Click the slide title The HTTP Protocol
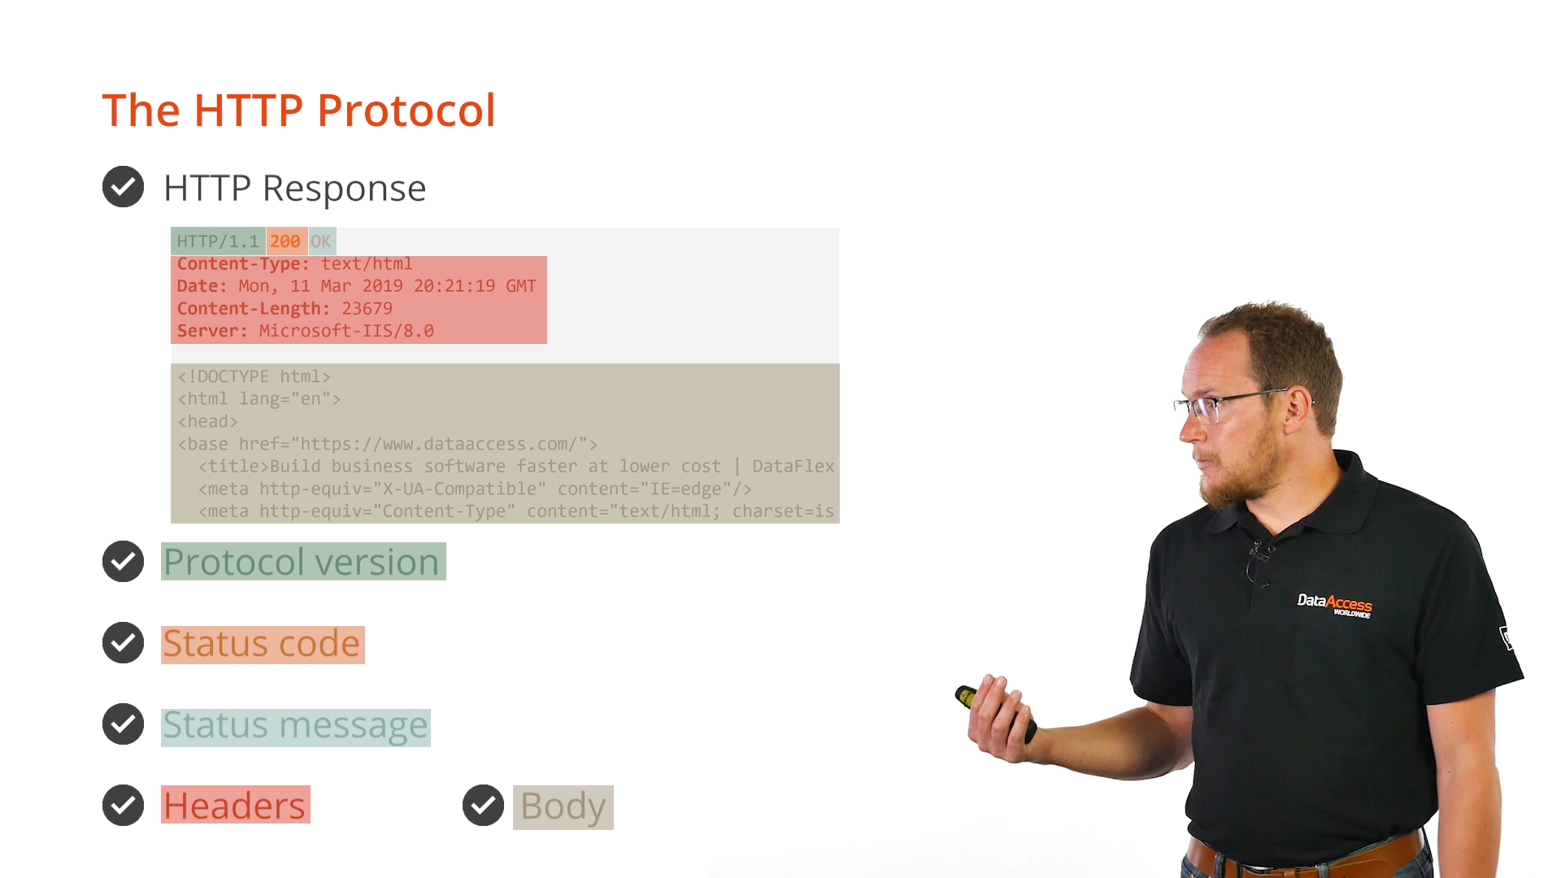coord(298,111)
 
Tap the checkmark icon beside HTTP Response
coord(123,187)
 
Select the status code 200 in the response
coord(285,241)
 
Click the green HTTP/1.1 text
coord(218,241)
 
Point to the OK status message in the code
coord(321,241)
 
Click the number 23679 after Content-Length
coord(367,309)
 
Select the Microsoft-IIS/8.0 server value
coord(346,331)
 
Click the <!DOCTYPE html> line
coord(254,376)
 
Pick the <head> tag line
coord(207,421)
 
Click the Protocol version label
coord(302,562)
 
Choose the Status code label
coord(262,644)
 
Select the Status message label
coord(295,725)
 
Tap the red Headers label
coord(234,806)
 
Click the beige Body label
coord(563,806)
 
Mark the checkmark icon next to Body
coord(483,805)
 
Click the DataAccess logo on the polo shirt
coord(1334,605)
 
